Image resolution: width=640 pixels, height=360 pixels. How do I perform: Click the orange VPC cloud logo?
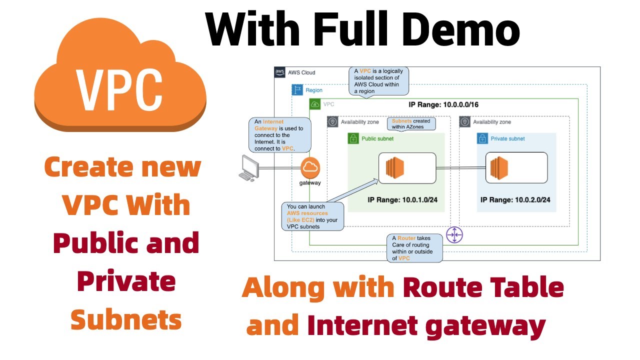120,75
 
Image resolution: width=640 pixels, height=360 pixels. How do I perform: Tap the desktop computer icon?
247,167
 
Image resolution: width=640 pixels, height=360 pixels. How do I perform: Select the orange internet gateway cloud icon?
310,168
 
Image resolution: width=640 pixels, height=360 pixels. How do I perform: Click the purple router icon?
454,234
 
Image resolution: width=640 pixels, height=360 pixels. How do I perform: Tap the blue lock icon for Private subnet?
482,138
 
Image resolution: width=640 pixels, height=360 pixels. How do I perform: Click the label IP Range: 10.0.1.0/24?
402,199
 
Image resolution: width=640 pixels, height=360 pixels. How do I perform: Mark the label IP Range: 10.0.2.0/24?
515,199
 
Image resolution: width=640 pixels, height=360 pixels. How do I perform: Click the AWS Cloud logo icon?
280,72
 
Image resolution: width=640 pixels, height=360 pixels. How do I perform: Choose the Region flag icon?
297,90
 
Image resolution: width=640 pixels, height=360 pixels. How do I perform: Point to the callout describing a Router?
414,247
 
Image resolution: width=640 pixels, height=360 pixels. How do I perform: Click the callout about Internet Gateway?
279,135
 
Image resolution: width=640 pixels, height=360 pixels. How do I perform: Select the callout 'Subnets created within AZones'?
411,124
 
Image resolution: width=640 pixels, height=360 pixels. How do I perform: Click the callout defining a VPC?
378,81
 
